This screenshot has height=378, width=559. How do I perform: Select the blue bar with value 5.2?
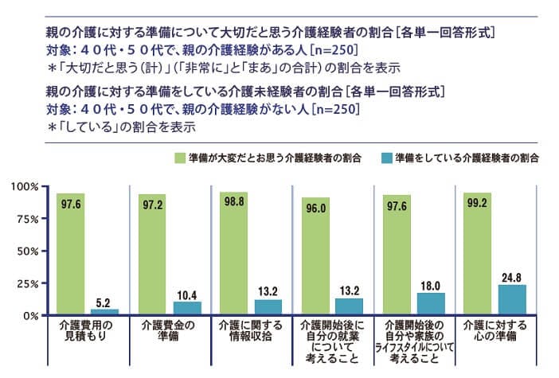point(104,311)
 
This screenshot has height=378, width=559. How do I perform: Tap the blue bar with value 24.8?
point(512,299)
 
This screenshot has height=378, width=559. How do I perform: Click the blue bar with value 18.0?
point(431,303)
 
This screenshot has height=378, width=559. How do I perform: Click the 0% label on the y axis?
point(31,315)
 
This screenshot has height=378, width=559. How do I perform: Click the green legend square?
point(180,158)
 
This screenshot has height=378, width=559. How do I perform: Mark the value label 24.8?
point(512,278)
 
